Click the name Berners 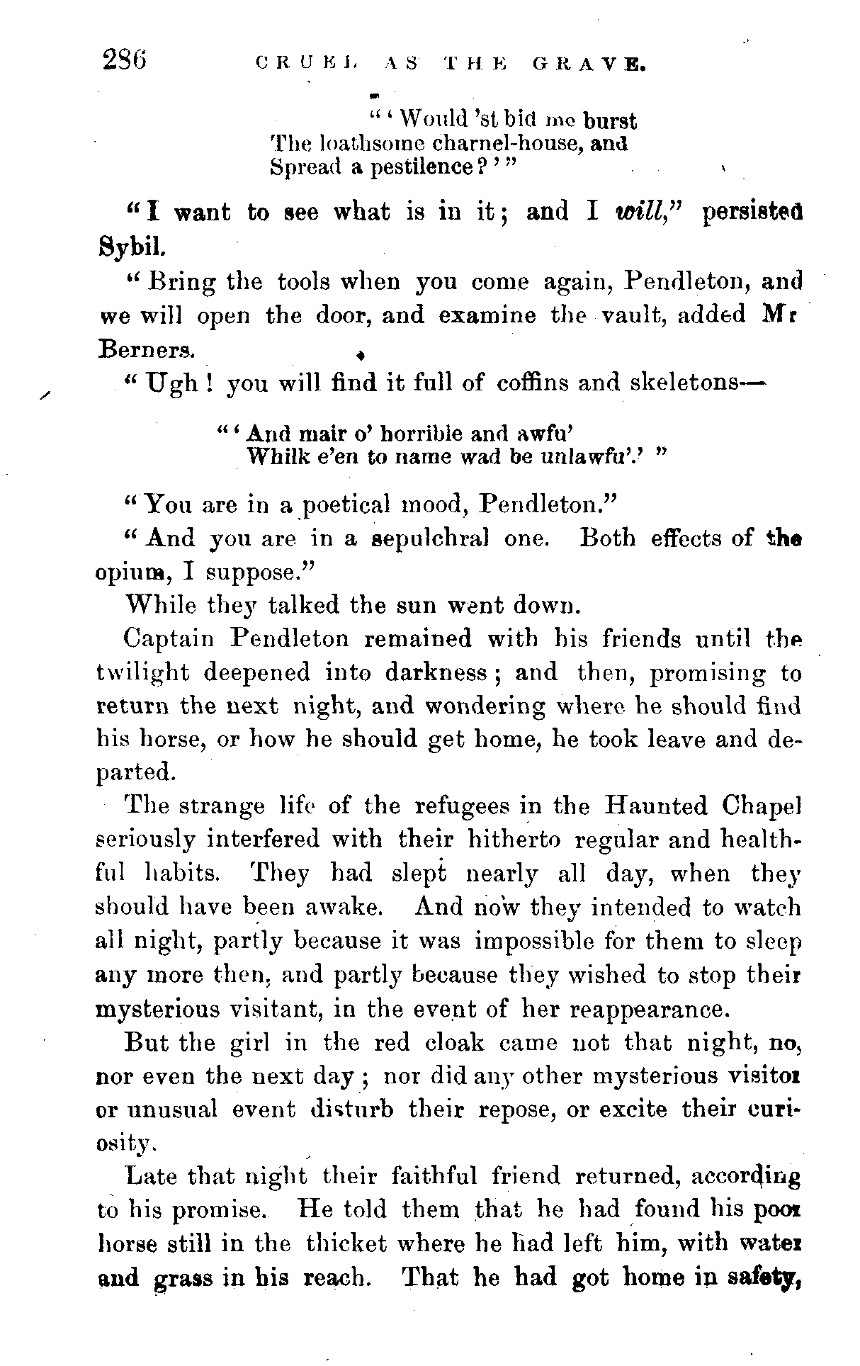click(145, 349)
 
